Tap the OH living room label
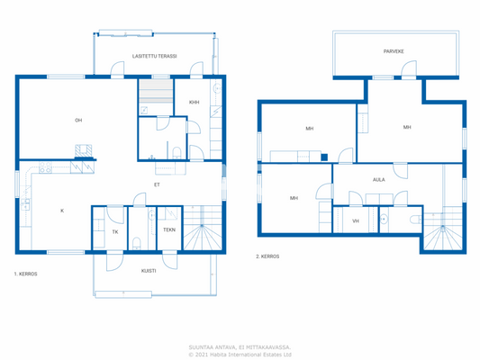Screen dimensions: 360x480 coord(78,121)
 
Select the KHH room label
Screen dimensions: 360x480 coord(194,103)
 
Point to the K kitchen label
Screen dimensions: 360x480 coord(61,211)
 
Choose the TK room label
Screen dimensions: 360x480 coord(114,231)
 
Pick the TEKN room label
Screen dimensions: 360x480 coord(168,230)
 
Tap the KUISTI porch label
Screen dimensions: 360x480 coord(149,270)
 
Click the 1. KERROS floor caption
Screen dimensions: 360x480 coord(25,274)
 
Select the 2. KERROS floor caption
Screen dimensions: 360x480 coord(267,256)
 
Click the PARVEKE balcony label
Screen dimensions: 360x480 coord(393,51)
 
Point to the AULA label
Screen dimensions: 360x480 coord(379,179)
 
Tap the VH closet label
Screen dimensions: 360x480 coord(355,220)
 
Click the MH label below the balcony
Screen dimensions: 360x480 coord(407,128)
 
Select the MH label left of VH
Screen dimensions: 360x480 coord(294,198)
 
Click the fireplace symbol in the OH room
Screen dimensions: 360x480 coord(83,152)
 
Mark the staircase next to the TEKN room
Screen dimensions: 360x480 coord(207,229)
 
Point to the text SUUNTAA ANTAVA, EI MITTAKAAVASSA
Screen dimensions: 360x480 coord(239,345)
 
